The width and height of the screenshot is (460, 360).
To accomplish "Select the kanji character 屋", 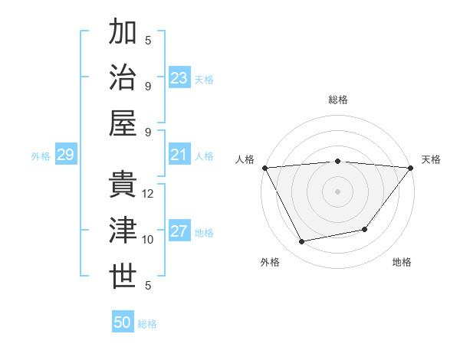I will point(123,123).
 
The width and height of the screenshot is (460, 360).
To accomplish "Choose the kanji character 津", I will point(123,231).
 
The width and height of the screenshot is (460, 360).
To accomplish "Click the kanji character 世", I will point(123,277).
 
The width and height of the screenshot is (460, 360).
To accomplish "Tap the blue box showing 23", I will point(179,77).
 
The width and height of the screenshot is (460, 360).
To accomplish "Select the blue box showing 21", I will point(179,155).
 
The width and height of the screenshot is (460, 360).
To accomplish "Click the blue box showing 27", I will point(179,232).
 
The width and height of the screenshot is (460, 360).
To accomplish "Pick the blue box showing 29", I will point(65,155).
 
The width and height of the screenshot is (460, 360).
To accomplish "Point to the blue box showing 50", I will point(123,322).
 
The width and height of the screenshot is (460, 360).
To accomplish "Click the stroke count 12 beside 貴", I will point(149,194).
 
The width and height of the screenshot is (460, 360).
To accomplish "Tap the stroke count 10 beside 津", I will point(148,240).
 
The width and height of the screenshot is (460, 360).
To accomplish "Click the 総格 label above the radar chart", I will point(337,100).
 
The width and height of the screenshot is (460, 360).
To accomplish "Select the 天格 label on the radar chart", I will point(431,159).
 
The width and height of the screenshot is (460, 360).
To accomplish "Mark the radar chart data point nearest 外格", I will point(301,242).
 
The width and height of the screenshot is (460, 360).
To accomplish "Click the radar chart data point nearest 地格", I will point(365,229).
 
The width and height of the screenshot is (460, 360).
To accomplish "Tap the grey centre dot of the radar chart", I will point(337,191).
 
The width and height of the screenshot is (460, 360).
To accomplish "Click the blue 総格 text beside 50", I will point(147,324).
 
